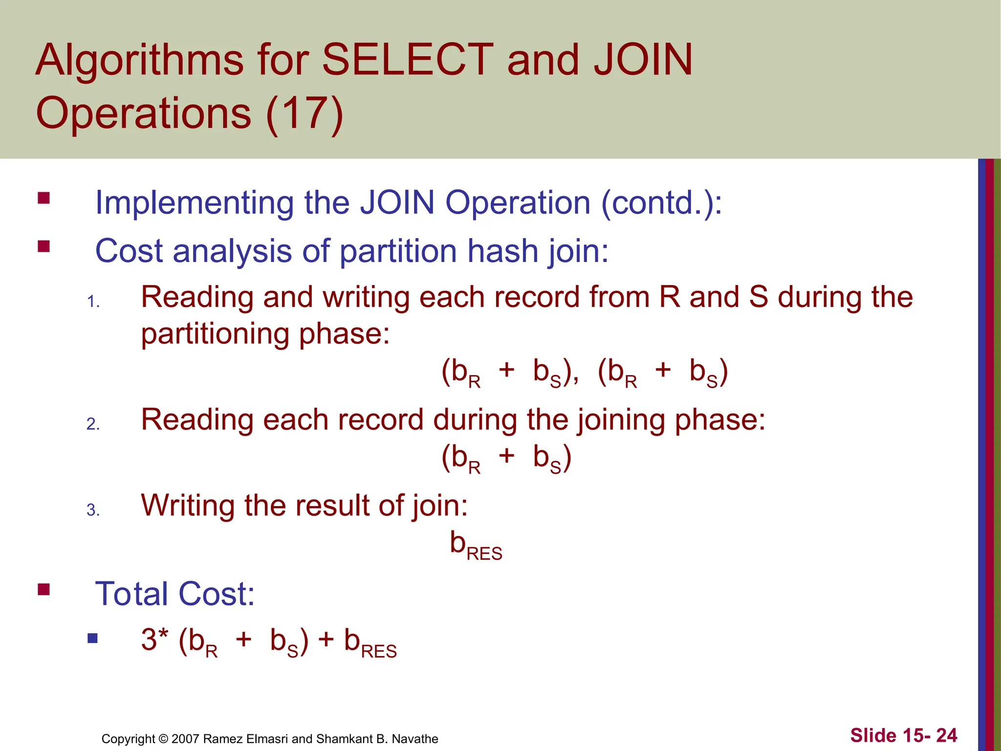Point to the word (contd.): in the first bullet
click(x=661, y=202)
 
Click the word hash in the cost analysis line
click(x=502, y=251)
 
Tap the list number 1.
click(x=93, y=302)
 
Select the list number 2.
click(x=93, y=424)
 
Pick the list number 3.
click(x=93, y=510)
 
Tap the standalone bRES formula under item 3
click(x=476, y=545)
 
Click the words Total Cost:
click(x=175, y=594)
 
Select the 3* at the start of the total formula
click(x=154, y=639)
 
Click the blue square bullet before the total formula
click(x=92, y=639)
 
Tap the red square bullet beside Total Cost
click(x=44, y=589)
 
